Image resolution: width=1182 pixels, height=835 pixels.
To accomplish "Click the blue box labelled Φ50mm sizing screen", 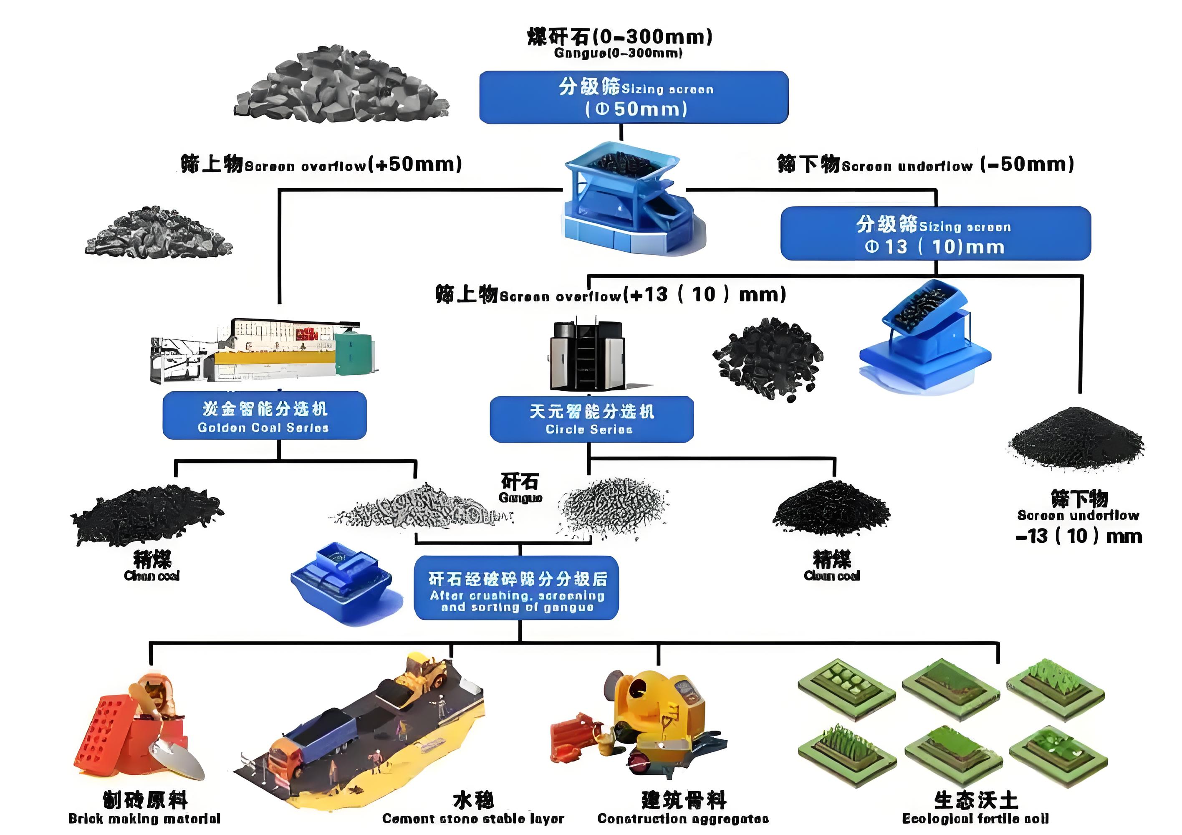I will pyautogui.click(x=633, y=97).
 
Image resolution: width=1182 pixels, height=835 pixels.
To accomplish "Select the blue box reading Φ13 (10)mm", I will pyautogui.click(x=935, y=233).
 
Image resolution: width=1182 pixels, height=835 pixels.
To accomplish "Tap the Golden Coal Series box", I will pyautogui.click(x=264, y=415).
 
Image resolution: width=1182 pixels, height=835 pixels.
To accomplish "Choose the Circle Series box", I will pyautogui.click(x=591, y=419).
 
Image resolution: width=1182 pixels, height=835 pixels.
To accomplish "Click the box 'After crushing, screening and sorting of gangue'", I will pyautogui.click(x=516, y=587).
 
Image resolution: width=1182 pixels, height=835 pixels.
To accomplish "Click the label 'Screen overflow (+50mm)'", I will pyautogui.click(x=321, y=164).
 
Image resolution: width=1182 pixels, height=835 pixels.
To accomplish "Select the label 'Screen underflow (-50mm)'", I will pyautogui.click(x=925, y=164).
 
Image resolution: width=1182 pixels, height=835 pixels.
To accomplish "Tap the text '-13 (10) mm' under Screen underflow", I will pyautogui.click(x=1079, y=536).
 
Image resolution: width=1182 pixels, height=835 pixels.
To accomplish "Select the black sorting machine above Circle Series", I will pyautogui.click(x=587, y=355).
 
